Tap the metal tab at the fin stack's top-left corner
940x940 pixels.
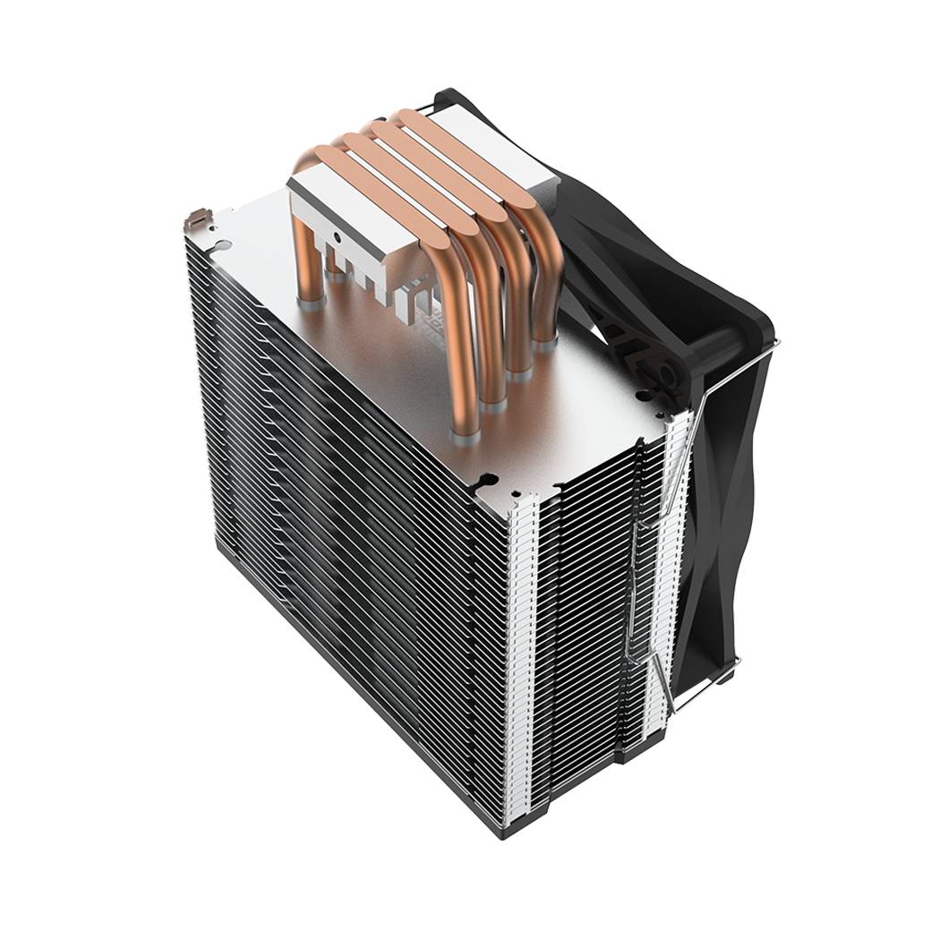coord(196,218)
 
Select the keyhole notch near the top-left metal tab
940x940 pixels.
coord(219,240)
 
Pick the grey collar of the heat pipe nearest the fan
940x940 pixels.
coord(545,337)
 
